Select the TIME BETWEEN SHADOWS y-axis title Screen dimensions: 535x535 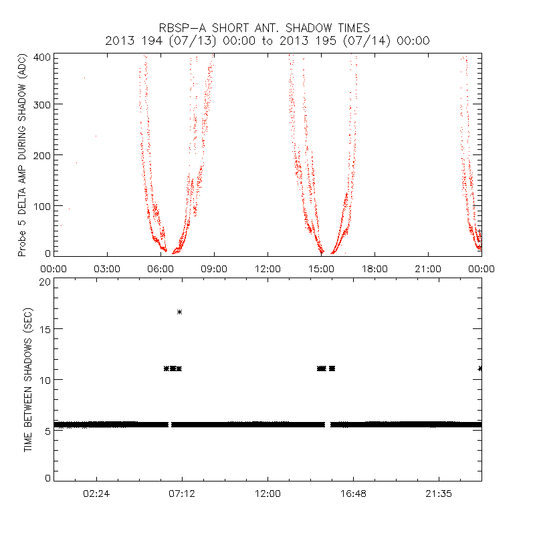28,381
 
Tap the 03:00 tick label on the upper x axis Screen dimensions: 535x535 107,268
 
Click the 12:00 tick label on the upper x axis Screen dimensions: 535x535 267,268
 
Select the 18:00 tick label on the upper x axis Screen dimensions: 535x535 374,268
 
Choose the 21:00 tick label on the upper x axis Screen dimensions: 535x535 428,268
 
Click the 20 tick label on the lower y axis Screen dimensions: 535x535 44,282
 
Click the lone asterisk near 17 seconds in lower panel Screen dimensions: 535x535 179,312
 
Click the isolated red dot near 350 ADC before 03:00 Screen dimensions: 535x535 84,78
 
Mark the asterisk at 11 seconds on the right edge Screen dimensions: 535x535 480,368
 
